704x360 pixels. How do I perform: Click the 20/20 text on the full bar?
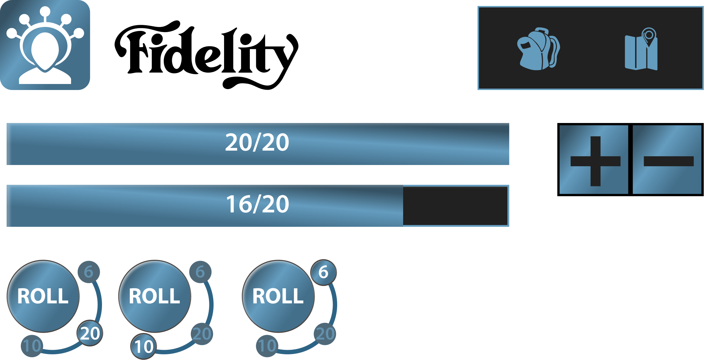click(x=257, y=142)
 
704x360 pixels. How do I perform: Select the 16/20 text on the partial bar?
click(x=257, y=204)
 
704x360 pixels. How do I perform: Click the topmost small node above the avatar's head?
click(x=45, y=11)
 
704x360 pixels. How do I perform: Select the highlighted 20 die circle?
click(x=90, y=333)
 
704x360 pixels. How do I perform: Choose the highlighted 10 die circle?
click(x=144, y=346)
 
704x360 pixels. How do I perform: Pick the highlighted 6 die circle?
click(x=323, y=272)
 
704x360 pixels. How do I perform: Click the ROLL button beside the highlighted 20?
click(x=43, y=296)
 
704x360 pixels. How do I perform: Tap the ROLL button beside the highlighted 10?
click(x=155, y=296)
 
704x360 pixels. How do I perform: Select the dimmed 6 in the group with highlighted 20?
click(x=88, y=272)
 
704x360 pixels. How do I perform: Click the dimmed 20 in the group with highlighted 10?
click(x=202, y=334)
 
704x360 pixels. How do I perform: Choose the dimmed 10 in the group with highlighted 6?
click(x=267, y=346)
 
